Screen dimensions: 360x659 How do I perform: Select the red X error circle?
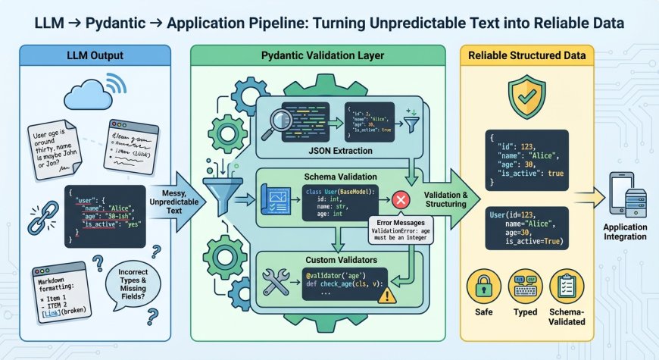tap(402, 199)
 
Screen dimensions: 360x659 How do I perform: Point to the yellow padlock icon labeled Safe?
tap(483, 286)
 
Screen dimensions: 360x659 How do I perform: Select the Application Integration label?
tap(625, 231)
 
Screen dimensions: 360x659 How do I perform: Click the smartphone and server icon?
tap(625, 196)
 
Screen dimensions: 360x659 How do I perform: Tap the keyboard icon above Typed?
tap(526, 286)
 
